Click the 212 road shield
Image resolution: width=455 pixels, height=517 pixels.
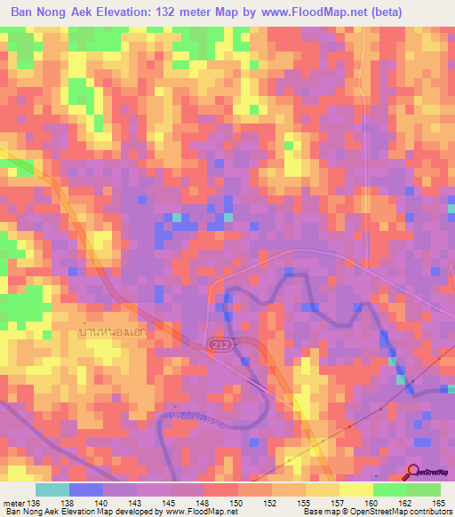(x=220, y=344)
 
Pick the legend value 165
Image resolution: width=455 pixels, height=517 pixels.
(x=438, y=503)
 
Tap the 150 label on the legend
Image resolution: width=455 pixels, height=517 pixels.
(x=235, y=503)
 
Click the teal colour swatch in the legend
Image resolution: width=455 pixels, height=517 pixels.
(x=52, y=489)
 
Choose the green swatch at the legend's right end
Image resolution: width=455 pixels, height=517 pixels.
(x=424, y=489)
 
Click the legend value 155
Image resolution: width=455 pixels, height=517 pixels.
(x=303, y=503)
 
